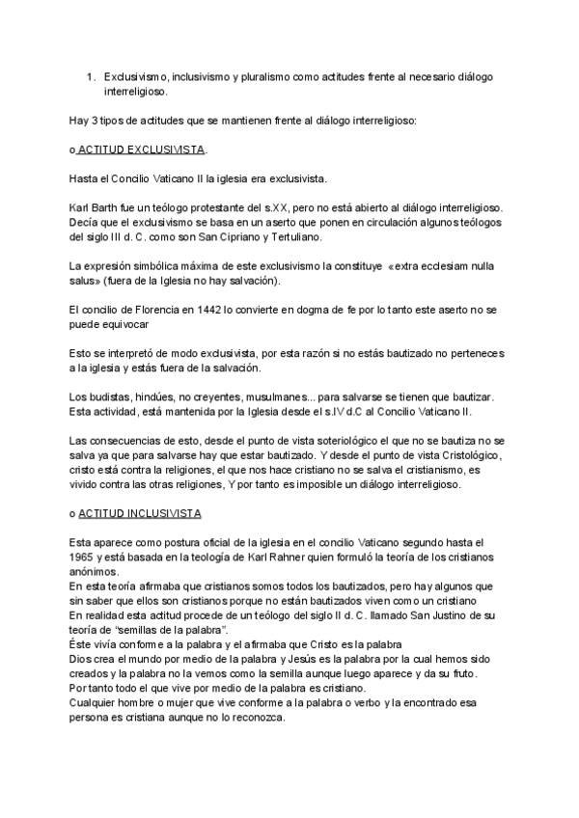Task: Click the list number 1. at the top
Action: [90, 76]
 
